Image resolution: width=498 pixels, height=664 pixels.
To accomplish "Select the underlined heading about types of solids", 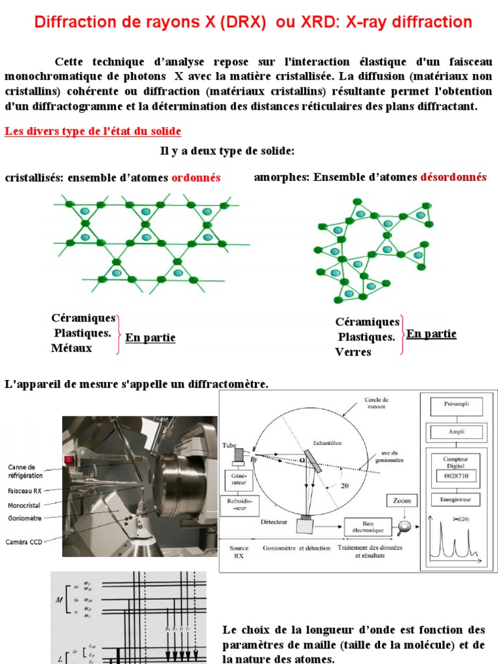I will pos(93,132).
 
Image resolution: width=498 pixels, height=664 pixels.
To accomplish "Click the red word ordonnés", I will pos(196,178).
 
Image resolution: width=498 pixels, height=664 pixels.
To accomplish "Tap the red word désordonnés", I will pos(453,177).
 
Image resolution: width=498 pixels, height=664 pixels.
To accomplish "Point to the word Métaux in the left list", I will pos(71,348).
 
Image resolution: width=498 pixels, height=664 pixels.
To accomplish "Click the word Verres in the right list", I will pos(353,352).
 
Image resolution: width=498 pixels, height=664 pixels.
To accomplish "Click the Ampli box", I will pos(458,431).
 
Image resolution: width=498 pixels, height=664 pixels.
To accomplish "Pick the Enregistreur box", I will pos(458,499).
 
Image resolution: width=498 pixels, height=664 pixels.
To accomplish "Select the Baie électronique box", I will pos(368,526).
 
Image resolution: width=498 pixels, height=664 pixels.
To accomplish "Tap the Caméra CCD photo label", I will pos(25,541).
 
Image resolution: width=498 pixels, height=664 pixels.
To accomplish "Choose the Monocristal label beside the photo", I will pos(25,504).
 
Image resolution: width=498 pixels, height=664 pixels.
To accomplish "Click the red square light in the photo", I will pos(68,460).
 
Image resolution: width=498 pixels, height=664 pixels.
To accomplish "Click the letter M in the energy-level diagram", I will pos(59,600).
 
